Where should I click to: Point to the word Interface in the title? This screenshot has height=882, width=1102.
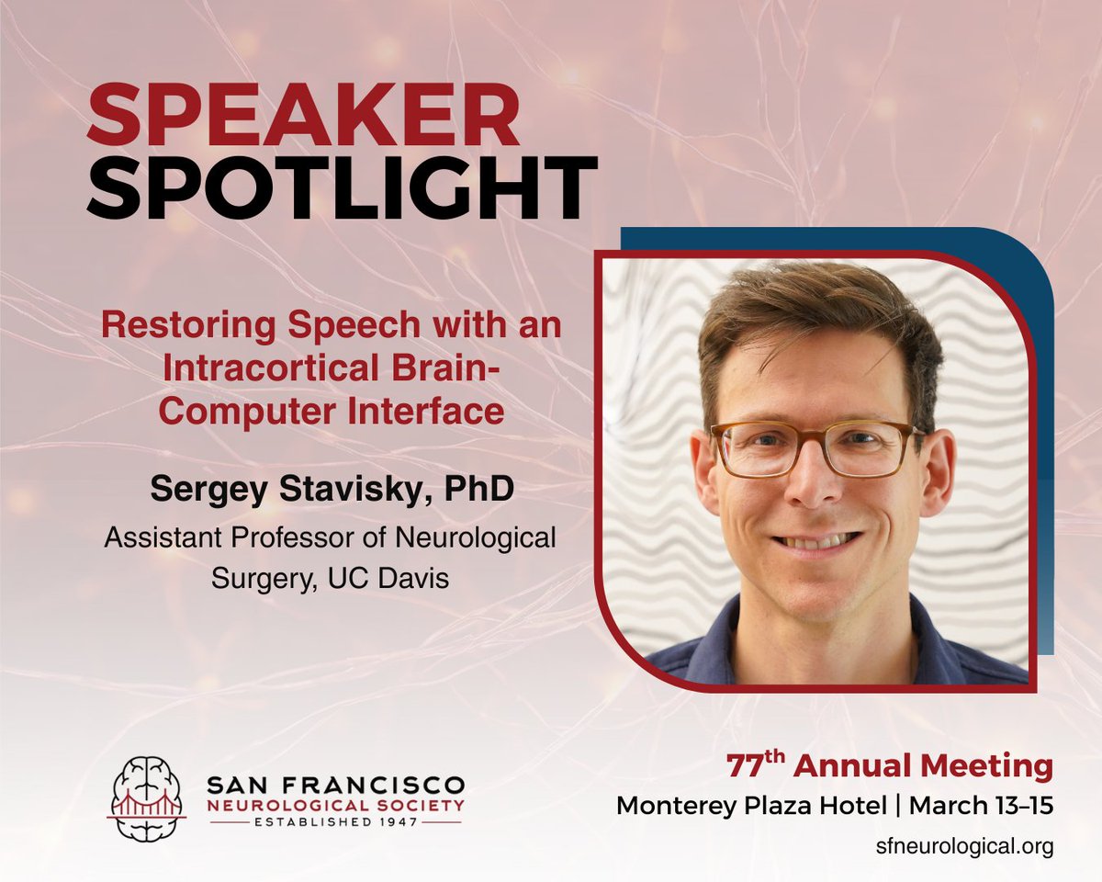click(420, 411)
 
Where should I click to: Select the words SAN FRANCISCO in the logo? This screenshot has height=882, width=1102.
click(335, 786)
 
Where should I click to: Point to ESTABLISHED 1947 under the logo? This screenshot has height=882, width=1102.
click(335, 823)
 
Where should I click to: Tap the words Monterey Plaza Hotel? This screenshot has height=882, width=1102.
click(753, 806)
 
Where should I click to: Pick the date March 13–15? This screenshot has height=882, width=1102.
click(984, 806)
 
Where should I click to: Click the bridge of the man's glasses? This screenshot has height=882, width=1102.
click(816, 439)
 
